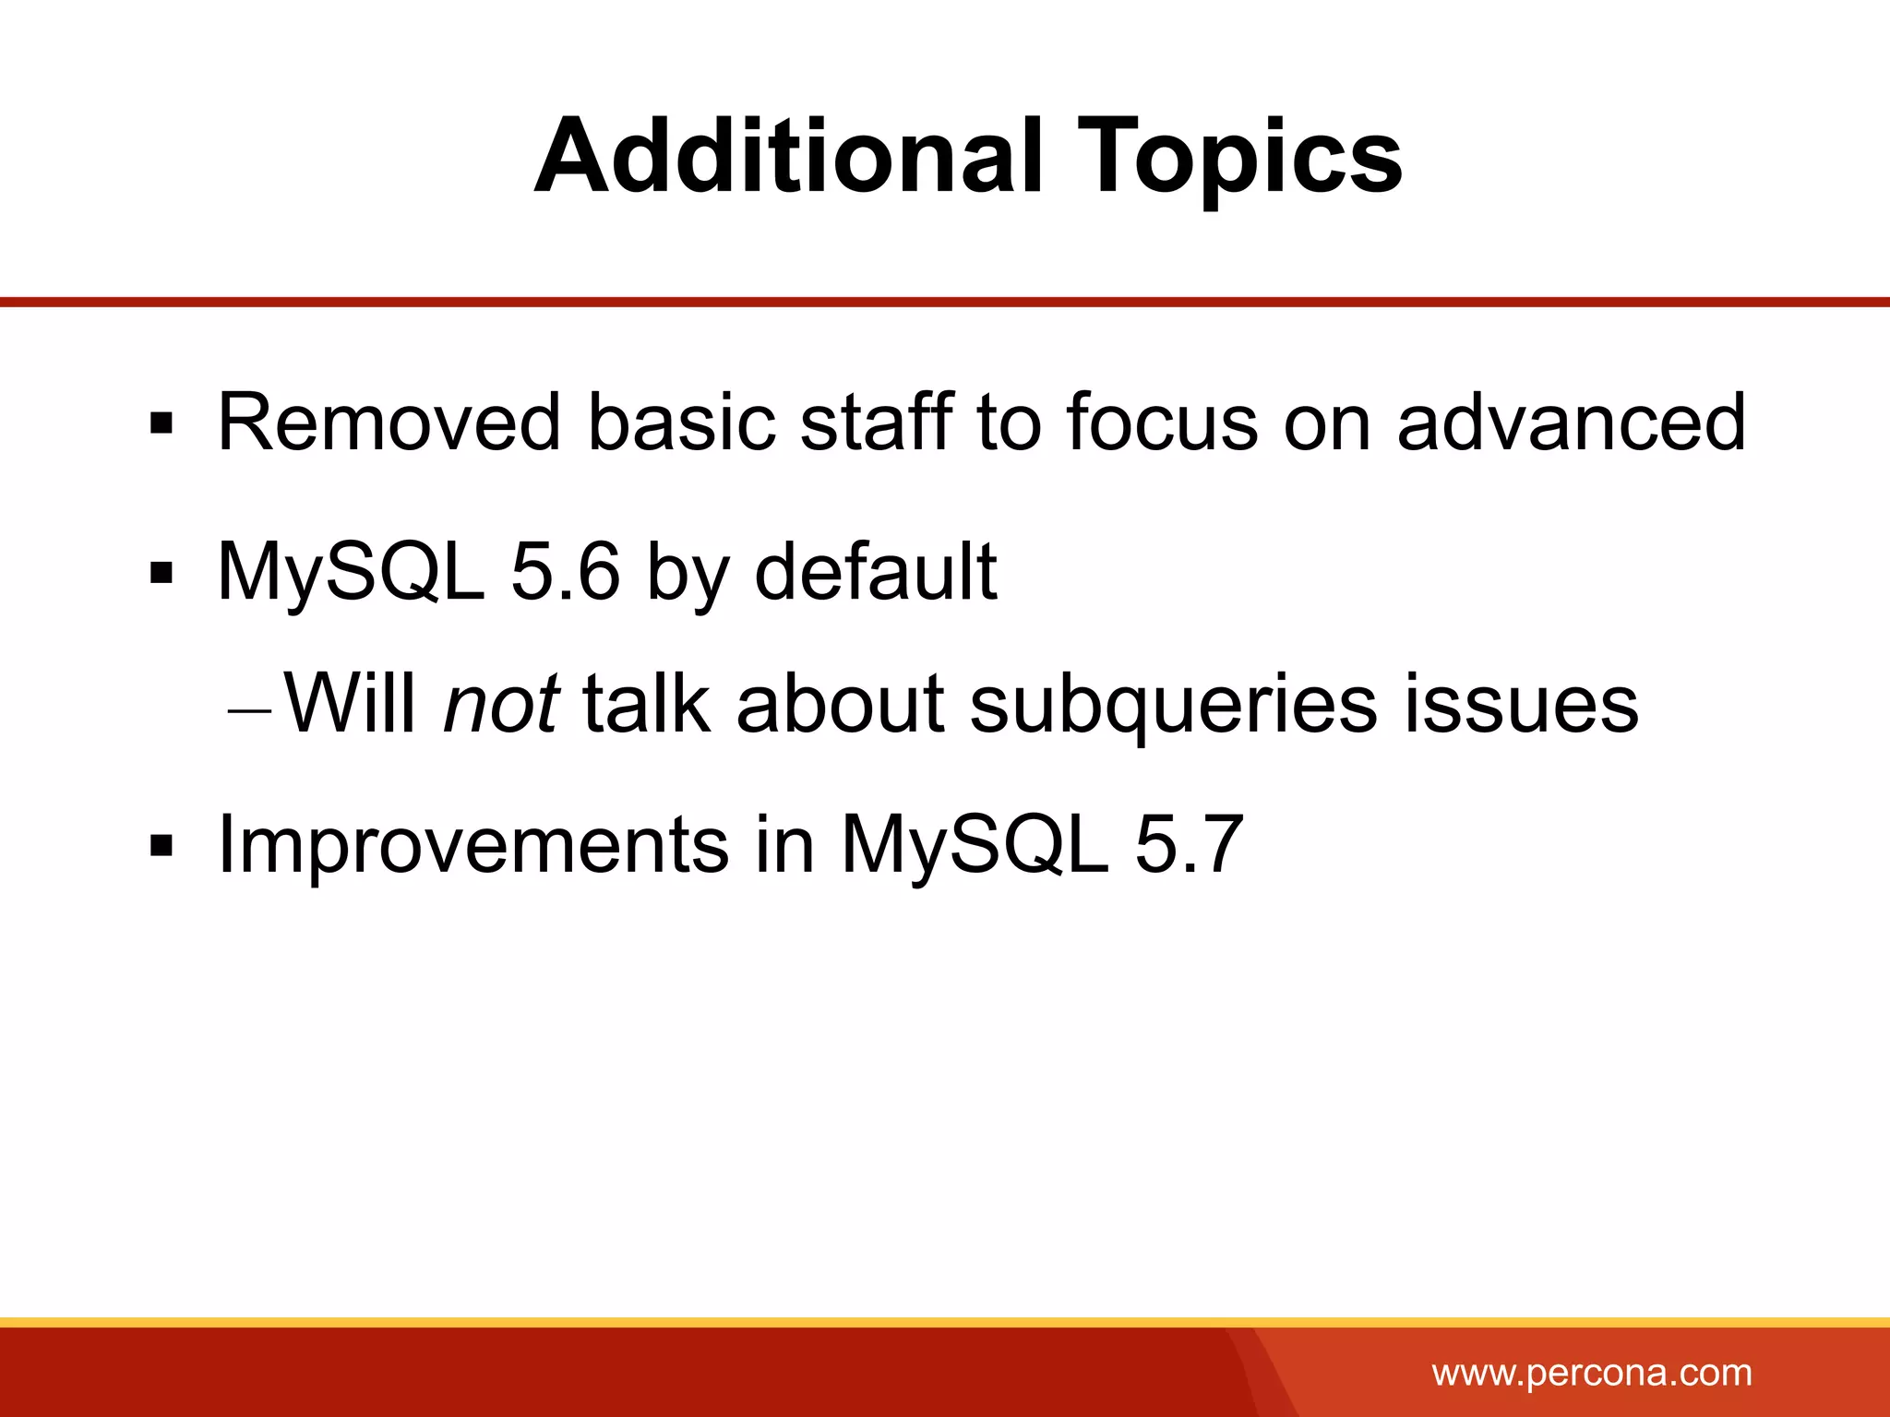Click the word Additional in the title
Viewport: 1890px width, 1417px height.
(789, 157)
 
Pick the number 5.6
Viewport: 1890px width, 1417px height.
(565, 571)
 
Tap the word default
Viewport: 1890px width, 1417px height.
(876, 571)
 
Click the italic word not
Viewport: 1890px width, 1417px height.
(501, 704)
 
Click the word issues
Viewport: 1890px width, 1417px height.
(1521, 704)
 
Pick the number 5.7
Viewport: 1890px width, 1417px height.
(1189, 843)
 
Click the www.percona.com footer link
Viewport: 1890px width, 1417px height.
(1592, 1373)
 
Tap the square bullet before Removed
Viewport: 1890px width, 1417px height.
(161, 424)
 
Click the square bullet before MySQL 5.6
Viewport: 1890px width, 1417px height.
(161, 573)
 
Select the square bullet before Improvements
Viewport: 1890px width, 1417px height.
(161, 845)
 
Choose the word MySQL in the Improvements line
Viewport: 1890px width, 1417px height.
(975, 845)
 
